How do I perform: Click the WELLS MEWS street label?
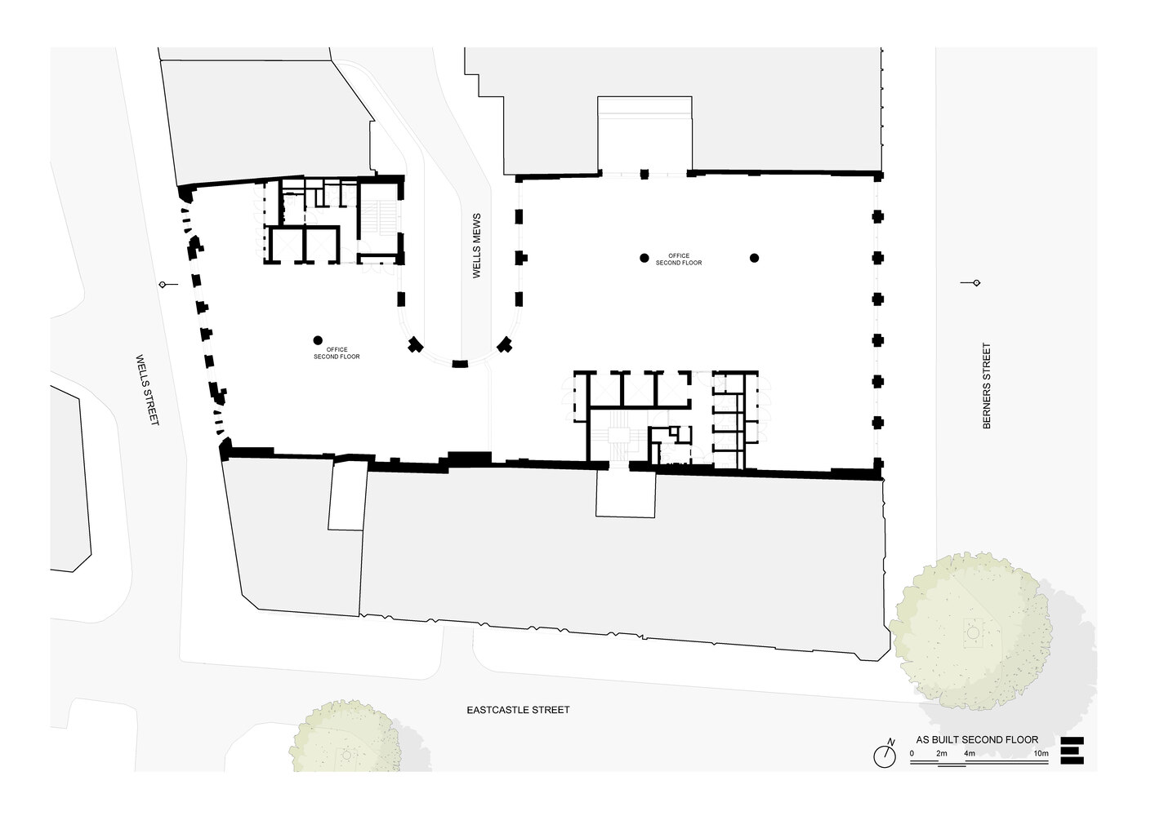click(x=476, y=246)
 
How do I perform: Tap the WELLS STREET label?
click(x=148, y=390)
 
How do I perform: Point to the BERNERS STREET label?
click(x=987, y=386)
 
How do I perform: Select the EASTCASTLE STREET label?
click(x=518, y=710)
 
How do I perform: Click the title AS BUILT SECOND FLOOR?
click(x=977, y=740)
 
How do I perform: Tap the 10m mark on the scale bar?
click(x=1041, y=753)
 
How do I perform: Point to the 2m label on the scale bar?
click(x=942, y=753)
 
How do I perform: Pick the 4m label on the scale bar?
click(x=970, y=753)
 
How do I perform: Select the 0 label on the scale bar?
click(x=912, y=753)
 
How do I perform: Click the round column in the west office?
click(x=318, y=340)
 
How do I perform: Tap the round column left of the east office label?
click(x=644, y=258)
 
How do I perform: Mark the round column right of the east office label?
click(x=755, y=258)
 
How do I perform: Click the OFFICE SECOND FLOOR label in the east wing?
click(x=679, y=259)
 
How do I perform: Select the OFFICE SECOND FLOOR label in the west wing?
click(x=337, y=353)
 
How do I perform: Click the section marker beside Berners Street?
click(x=970, y=283)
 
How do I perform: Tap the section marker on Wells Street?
click(x=168, y=284)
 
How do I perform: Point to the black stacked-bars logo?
click(x=1072, y=751)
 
